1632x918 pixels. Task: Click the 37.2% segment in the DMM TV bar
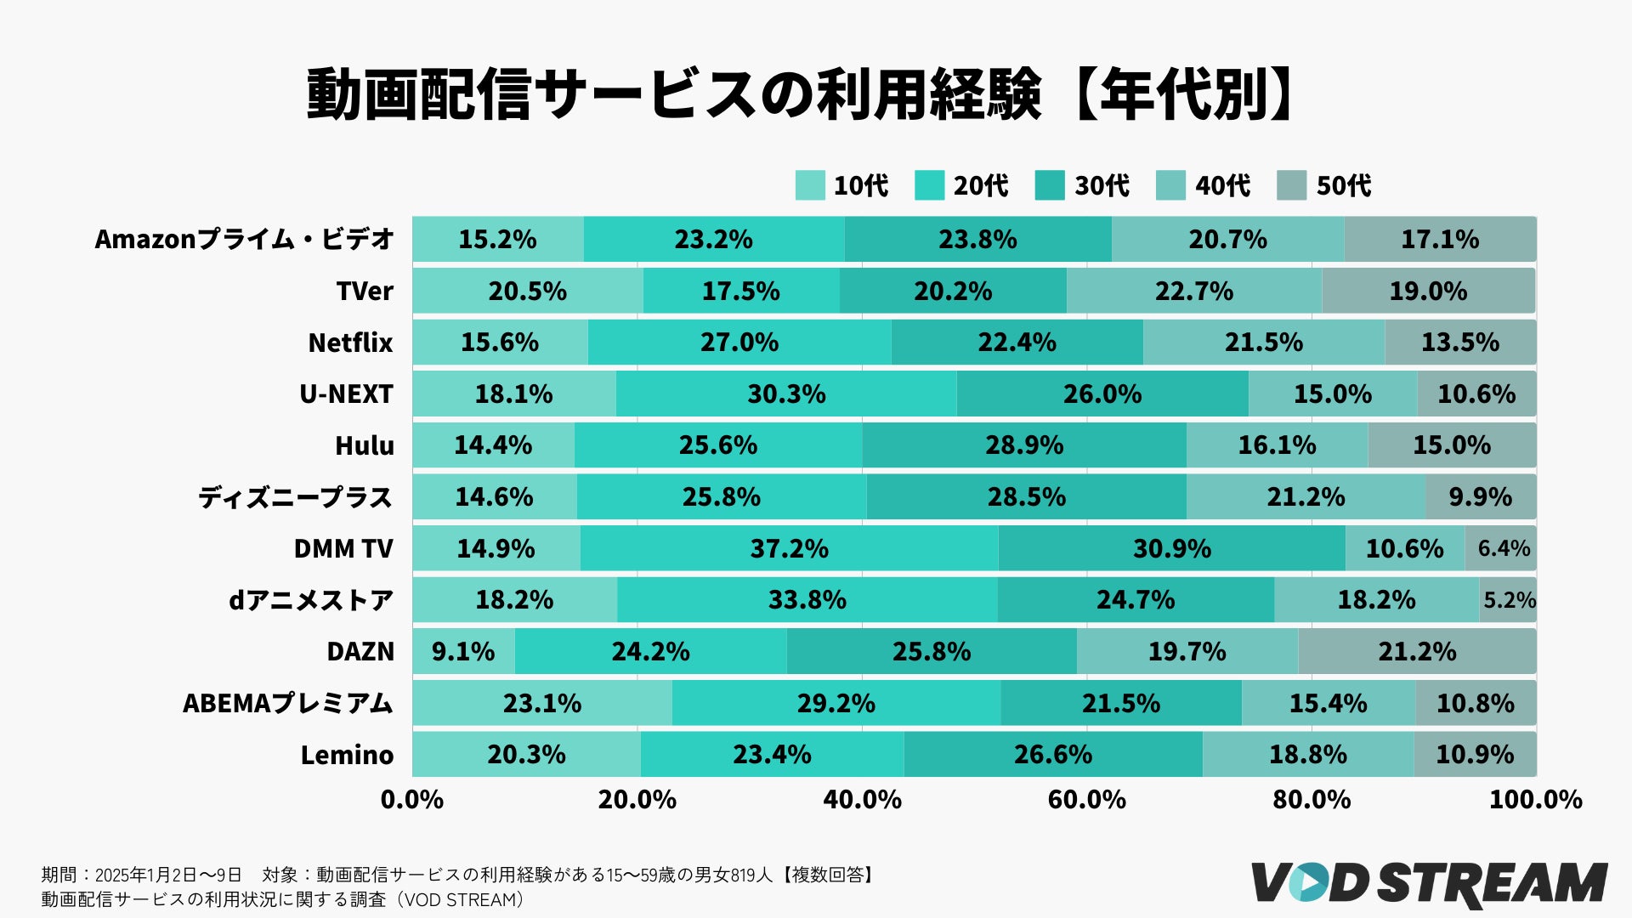click(789, 548)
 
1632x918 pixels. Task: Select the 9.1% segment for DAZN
click(463, 651)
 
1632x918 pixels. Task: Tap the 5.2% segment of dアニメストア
click(1509, 600)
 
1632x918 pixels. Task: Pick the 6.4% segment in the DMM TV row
click(1502, 548)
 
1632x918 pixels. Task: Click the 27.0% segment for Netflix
click(739, 343)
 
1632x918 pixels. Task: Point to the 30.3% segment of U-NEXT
click(786, 394)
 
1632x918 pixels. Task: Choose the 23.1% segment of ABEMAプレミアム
click(541, 703)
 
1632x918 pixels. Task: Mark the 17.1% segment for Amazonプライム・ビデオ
click(1440, 239)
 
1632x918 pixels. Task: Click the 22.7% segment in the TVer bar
click(1193, 291)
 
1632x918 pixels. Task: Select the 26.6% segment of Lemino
click(1052, 754)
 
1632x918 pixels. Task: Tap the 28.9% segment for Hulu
click(1024, 445)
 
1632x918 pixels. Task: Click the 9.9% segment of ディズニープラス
click(1480, 496)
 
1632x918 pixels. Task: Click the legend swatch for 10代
click(810, 185)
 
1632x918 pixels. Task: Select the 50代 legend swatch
click(1291, 185)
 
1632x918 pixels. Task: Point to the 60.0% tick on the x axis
click(1086, 799)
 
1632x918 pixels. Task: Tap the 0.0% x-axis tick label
click(412, 799)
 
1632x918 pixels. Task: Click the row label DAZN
click(360, 651)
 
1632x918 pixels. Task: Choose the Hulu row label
click(364, 445)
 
